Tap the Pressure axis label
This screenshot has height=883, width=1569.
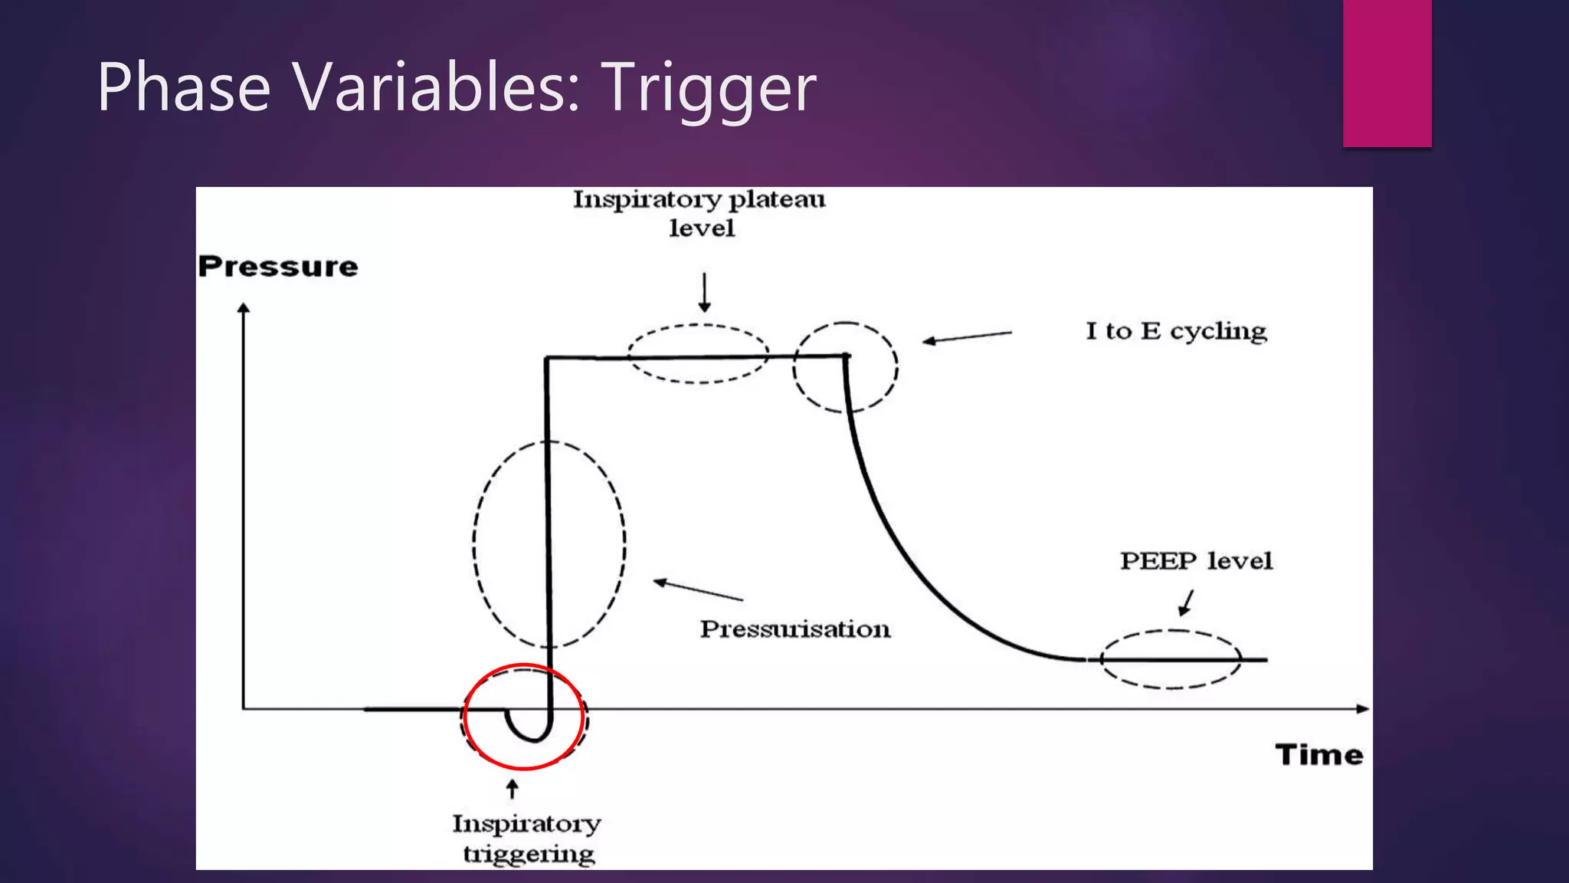(x=278, y=267)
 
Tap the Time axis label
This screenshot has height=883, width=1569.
(x=1319, y=755)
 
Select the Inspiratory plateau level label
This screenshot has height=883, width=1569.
(x=699, y=214)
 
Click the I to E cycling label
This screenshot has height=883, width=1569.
(x=1176, y=331)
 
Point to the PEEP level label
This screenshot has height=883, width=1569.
(x=1196, y=561)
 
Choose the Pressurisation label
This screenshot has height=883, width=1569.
(x=795, y=629)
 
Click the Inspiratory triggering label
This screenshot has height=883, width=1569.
(x=527, y=839)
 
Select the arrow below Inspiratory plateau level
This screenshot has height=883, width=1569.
(x=704, y=292)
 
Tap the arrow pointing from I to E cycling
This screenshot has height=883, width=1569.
(x=966, y=337)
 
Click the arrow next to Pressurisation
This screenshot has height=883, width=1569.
(x=697, y=590)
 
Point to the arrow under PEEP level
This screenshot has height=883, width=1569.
(x=1187, y=602)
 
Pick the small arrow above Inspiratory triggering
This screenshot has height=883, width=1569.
(x=513, y=789)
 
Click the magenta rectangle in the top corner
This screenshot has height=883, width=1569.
(x=1387, y=73)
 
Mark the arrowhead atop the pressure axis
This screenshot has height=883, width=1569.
(x=244, y=308)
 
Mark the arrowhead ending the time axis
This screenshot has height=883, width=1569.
(x=1363, y=709)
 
